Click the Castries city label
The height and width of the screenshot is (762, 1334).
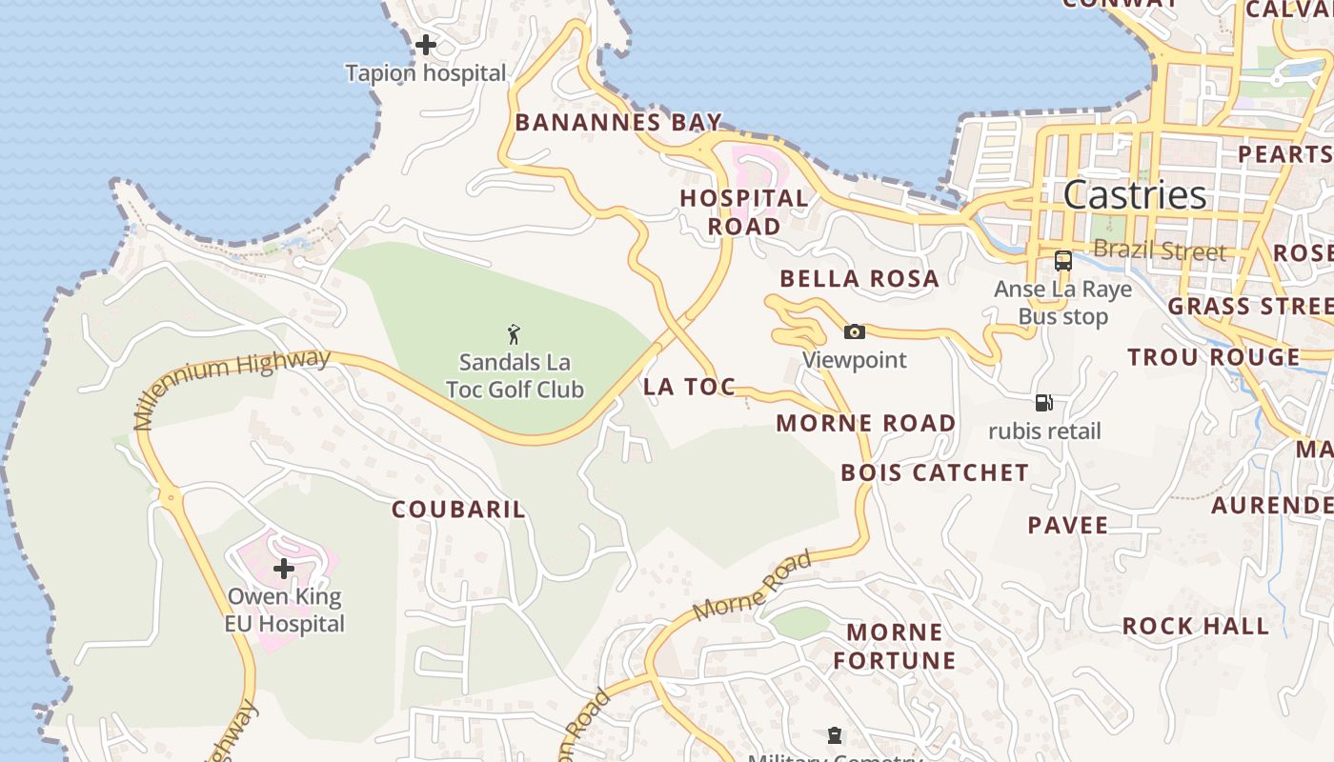pos(1135,195)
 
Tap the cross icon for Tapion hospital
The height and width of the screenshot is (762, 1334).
pos(426,44)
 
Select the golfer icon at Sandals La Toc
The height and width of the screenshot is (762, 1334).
pos(515,334)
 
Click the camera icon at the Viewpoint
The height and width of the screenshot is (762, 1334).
pos(855,331)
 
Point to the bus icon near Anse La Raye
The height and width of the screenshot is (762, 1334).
pos(1063,260)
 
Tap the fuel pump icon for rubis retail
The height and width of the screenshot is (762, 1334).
pos(1044,403)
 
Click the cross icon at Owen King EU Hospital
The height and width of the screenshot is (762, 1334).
pos(284,569)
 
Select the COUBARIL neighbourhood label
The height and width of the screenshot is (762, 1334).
pos(458,510)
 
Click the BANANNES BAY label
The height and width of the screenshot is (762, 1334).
pos(618,122)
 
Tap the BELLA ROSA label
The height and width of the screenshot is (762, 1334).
pos(859,279)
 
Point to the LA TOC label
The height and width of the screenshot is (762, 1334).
pos(689,387)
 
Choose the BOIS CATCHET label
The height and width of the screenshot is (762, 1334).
pos(935,472)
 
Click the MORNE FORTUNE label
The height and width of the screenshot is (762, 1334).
pos(895,646)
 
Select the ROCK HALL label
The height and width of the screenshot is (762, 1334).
pos(1196,626)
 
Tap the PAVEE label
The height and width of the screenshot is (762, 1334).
pos(1068,526)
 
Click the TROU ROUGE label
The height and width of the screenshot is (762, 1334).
pos(1214,357)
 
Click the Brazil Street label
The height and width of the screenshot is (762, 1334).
pos(1160,251)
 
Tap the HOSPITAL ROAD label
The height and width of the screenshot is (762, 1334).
pos(744,212)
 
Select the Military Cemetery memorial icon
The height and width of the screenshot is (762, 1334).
pos(835,735)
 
